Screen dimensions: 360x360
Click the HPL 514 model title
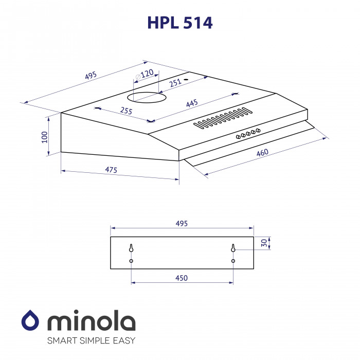point(180,23)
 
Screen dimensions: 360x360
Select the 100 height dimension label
point(45,136)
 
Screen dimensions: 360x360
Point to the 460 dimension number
point(262,153)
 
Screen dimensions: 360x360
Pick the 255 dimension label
point(126,111)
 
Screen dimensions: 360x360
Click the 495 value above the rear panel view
point(182,223)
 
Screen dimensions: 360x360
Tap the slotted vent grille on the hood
point(223,118)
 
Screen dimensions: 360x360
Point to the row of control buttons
point(247,133)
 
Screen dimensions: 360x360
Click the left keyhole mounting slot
point(131,248)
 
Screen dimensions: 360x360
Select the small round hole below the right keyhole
point(233,261)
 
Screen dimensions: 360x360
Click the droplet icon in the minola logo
point(31,322)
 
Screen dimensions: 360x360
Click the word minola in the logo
point(92,322)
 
